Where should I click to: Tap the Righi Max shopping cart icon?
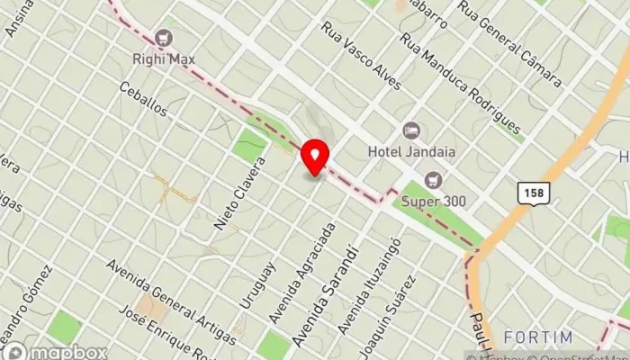(x=164, y=37)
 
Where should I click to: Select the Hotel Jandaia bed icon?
(x=411, y=130)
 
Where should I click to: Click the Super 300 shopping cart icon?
(x=436, y=179)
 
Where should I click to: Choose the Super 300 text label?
(x=436, y=201)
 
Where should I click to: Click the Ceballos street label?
(x=145, y=101)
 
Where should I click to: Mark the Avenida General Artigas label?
(x=171, y=301)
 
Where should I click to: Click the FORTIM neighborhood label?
(x=537, y=337)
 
